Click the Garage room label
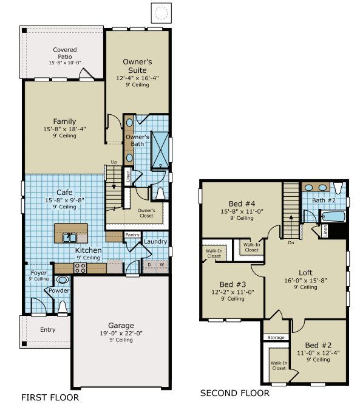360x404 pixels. pyautogui.click(x=121, y=325)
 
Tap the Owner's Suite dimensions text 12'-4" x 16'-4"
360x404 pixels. pyautogui.click(x=137, y=78)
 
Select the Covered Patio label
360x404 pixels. pyautogui.click(x=65, y=53)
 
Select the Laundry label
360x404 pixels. pyautogui.click(x=155, y=242)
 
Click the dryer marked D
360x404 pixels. pyautogui.click(x=150, y=264)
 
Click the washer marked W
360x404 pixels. pyautogui.click(x=161, y=264)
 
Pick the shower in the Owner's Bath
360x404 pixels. pyautogui.click(x=160, y=149)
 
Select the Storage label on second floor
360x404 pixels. pyautogui.click(x=276, y=337)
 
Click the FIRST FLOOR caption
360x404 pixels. pyautogui.click(x=50, y=398)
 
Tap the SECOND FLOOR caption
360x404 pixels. pyautogui.click(x=234, y=393)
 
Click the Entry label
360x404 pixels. pyautogui.click(x=47, y=330)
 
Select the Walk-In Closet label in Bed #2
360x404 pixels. pyautogui.click(x=279, y=365)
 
